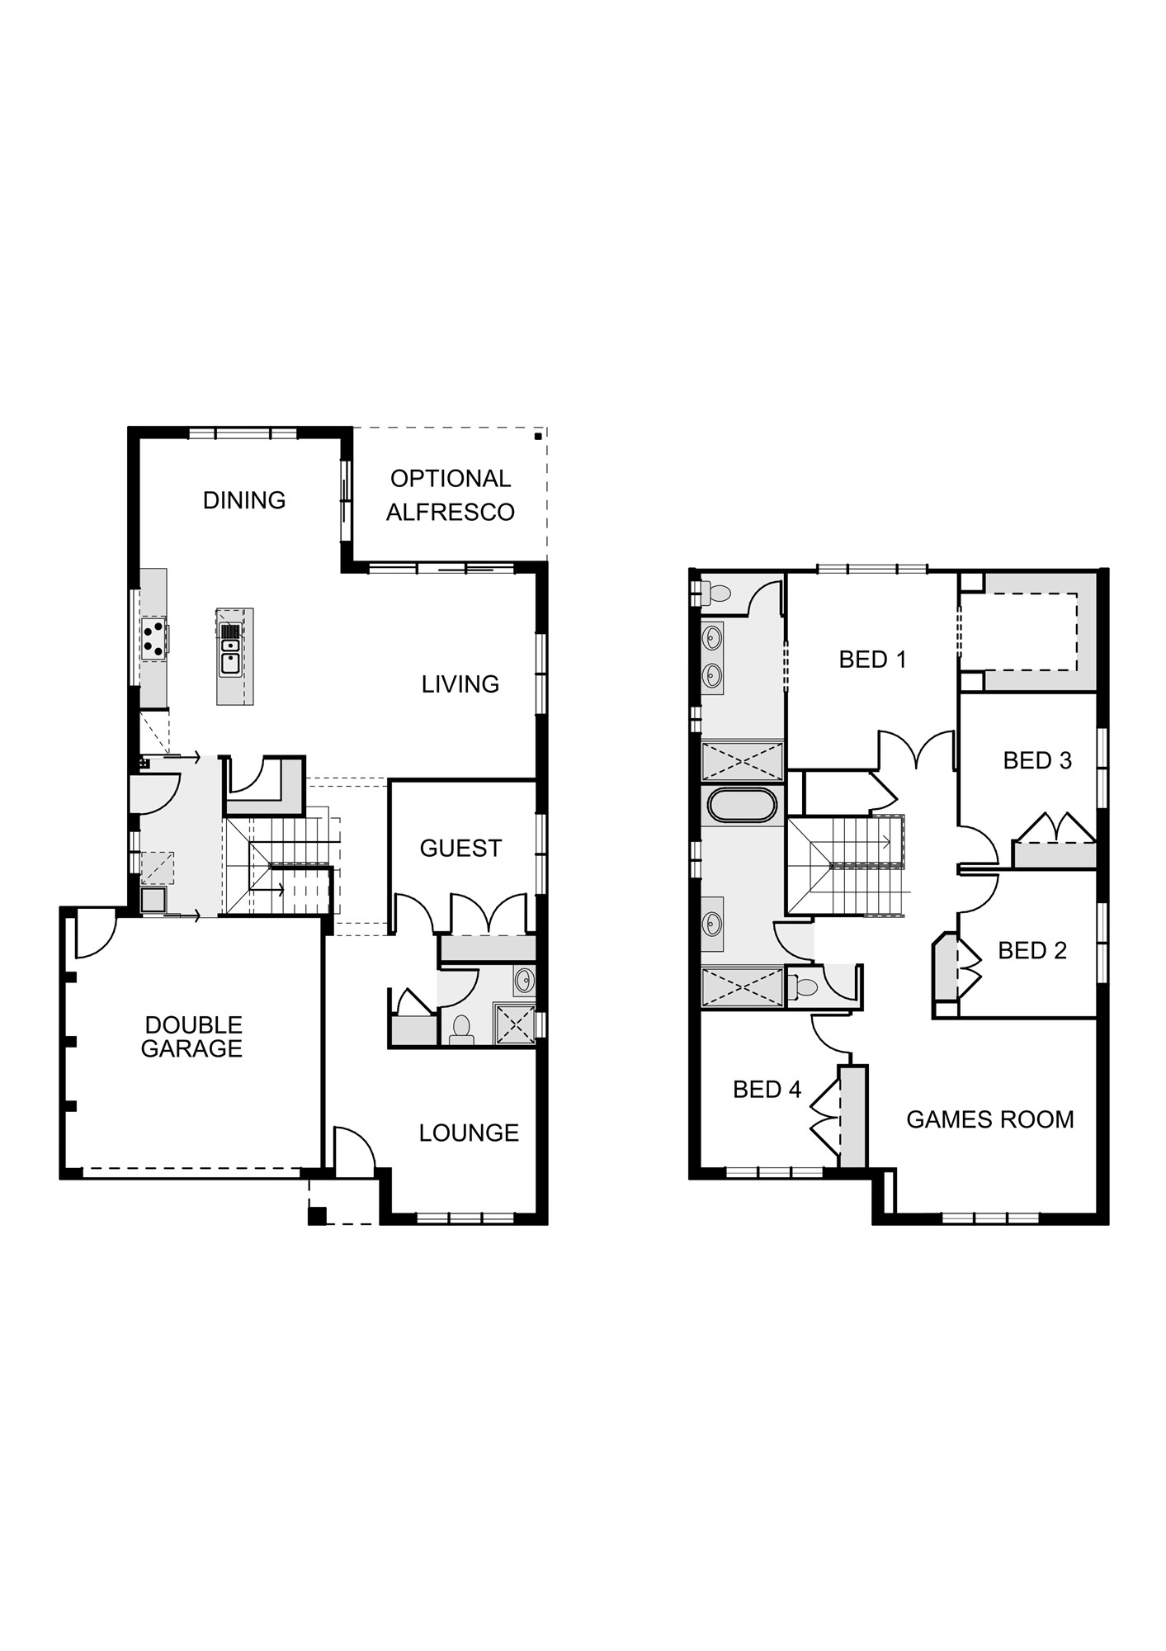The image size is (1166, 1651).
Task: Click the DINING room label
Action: click(244, 500)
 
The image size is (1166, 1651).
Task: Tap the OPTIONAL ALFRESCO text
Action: click(451, 495)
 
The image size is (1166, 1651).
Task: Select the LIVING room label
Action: click(460, 684)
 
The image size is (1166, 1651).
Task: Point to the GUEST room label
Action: click(460, 849)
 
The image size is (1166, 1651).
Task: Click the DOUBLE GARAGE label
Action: click(192, 1037)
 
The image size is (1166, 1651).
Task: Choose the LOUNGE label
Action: click(469, 1133)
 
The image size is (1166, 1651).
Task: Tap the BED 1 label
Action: click(872, 660)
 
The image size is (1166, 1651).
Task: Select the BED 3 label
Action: click(1037, 760)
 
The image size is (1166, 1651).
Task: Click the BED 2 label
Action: click(1032, 951)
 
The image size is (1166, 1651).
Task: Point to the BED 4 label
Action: click(767, 1090)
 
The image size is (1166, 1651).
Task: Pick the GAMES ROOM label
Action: click(990, 1119)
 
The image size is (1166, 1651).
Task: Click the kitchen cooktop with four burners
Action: click(153, 638)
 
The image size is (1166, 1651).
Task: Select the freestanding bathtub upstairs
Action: click(742, 806)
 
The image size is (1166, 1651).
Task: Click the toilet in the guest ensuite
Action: click(460, 1028)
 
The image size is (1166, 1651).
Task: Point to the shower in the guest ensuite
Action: click(514, 1024)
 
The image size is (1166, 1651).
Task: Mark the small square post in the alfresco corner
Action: click(538, 436)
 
